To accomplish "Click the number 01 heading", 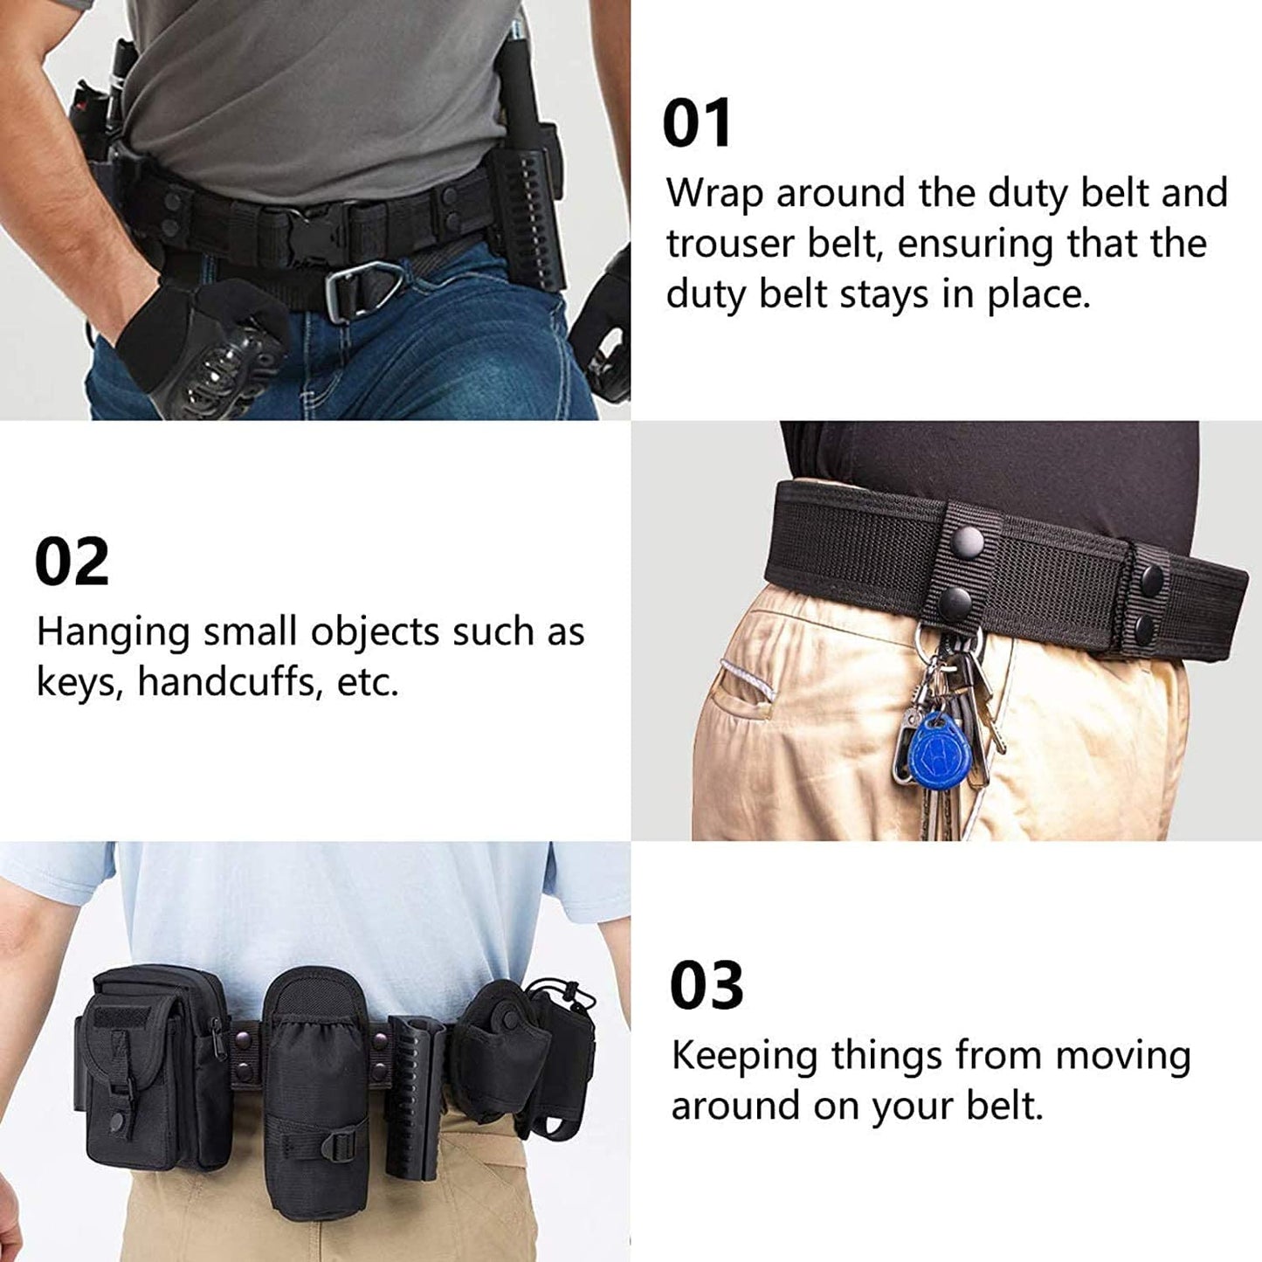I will [x=696, y=123].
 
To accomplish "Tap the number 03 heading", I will [x=706, y=985].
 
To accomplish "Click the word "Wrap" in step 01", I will [x=714, y=193].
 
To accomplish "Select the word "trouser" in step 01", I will [x=730, y=244].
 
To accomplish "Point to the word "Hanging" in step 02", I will [x=113, y=632].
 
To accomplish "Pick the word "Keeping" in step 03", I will [x=745, y=1056].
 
